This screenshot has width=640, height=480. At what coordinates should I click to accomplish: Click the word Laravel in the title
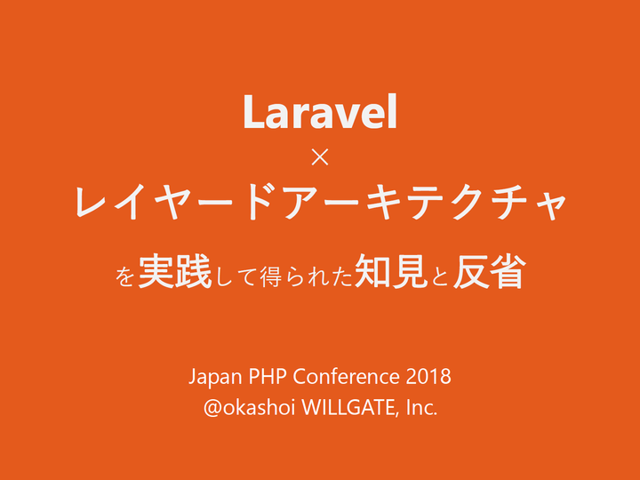point(320,112)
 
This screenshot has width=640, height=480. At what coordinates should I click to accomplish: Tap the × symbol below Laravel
point(320,157)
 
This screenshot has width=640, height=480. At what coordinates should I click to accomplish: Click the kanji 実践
point(175,271)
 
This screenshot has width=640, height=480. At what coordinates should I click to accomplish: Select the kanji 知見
point(391,271)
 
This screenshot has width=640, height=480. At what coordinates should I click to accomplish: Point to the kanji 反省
point(488,271)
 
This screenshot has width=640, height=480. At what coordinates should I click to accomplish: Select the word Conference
point(346,376)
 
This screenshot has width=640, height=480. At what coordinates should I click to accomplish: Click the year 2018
point(428,376)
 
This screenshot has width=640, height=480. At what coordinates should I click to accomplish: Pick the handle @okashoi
point(249,407)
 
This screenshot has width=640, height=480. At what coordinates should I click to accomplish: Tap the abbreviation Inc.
point(422,407)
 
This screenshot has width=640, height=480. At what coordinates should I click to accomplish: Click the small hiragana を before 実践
point(124,276)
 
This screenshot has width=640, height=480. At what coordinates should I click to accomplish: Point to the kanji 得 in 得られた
point(270,276)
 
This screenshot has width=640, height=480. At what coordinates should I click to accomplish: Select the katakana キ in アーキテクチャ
point(384,202)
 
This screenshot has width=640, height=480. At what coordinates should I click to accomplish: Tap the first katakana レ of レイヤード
point(91,201)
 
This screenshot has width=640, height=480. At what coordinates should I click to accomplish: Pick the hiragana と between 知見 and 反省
point(440,276)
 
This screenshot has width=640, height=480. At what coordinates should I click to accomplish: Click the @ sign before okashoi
point(213,408)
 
